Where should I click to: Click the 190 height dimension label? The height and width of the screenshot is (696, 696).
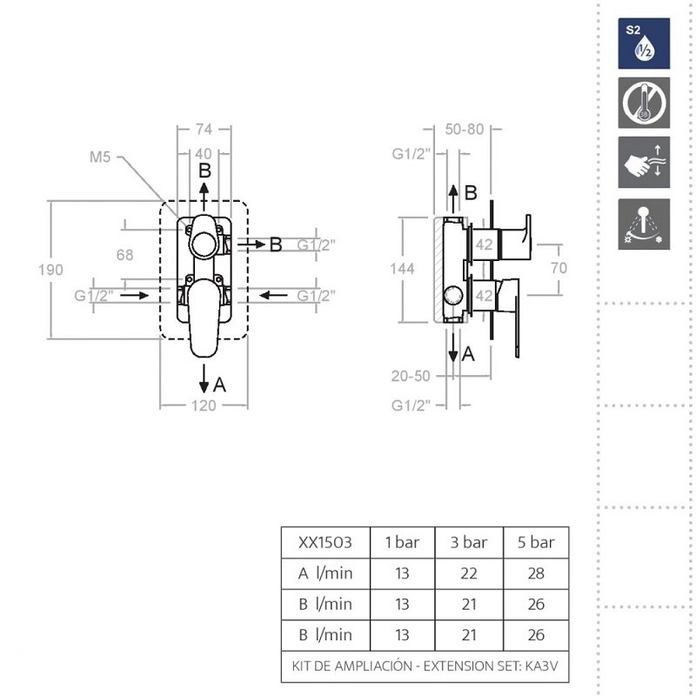pyautogui.click(x=50, y=270)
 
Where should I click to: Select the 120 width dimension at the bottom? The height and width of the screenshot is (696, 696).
pyautogui.click(x=204, y=405)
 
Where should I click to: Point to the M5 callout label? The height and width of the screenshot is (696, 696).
pyautogui.click(x=100, y=157)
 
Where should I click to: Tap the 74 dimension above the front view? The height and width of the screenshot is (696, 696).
pyautogui.click(x=204, y=129)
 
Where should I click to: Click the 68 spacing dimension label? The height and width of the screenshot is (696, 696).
pyautogui.click(x=124, y=255)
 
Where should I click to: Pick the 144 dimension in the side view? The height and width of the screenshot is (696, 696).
pyautogui.click(x=402, y=269)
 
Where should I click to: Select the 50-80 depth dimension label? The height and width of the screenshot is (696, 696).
pyautogui.click(x=465, y=129)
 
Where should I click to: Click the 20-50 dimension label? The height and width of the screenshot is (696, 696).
pyautogui.click(x=411, y=376)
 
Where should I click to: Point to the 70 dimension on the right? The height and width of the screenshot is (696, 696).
pyautogui.click(x=559, y=268)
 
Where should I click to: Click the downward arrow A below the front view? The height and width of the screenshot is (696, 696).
pyautogui.click(x=204, y=378)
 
